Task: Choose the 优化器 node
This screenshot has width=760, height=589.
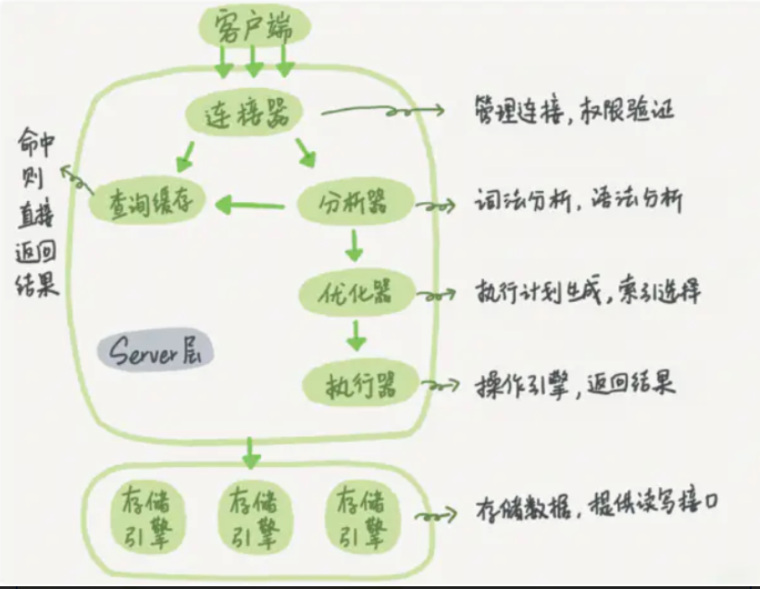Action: (356, 293)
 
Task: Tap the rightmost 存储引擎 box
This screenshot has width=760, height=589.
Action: (361, 515)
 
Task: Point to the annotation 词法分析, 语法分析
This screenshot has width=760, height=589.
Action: (579, 201)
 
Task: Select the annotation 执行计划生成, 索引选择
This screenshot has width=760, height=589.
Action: (588, 293)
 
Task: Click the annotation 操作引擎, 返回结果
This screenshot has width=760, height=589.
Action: (576, 382)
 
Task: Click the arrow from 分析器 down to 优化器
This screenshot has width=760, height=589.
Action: (353, 244)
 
